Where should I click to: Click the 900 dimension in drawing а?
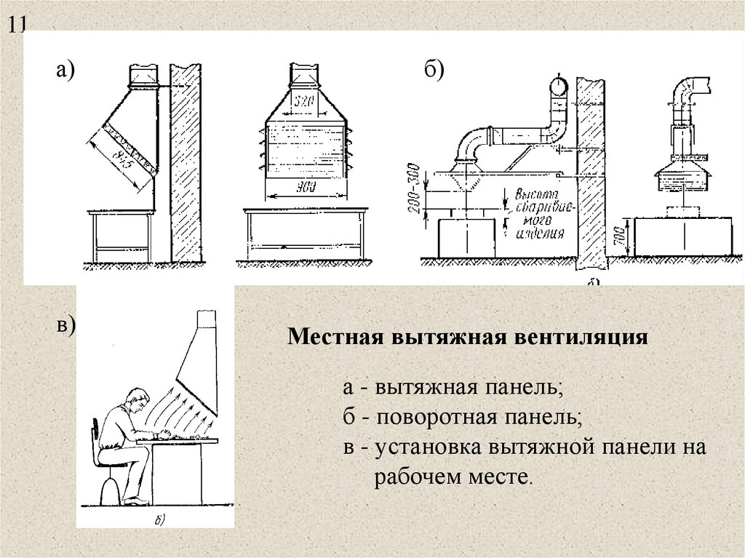[305, 187]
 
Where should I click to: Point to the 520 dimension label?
[303, 103]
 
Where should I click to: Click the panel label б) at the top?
[434, 70]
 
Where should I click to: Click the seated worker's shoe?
[136, 501]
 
